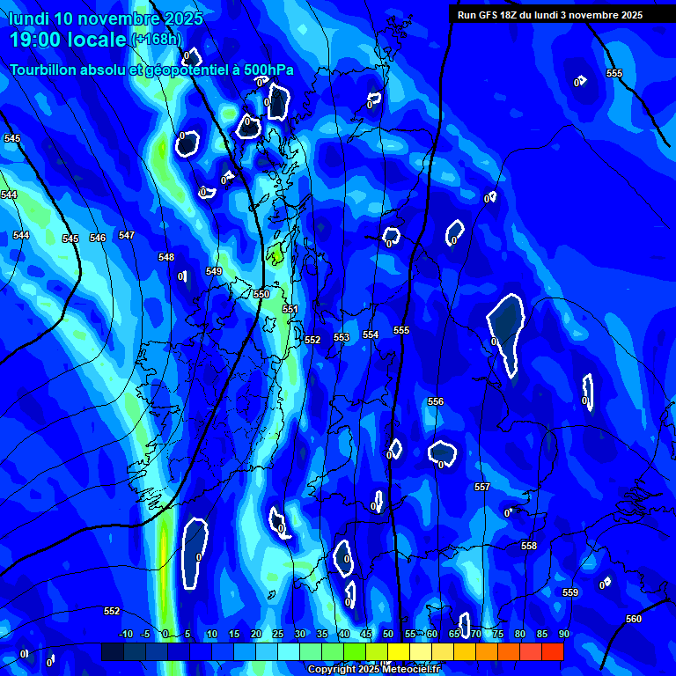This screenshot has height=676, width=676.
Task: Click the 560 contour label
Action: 634,619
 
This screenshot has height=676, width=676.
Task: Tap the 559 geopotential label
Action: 570,592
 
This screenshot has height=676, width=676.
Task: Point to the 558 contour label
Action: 529,546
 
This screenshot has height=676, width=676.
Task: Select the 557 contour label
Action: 482,487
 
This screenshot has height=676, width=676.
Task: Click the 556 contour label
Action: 436,401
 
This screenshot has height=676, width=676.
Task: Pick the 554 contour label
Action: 371,334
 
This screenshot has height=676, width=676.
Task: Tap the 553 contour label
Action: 342,337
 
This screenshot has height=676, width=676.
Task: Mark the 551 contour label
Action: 290,309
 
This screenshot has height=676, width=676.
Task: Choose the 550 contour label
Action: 261,294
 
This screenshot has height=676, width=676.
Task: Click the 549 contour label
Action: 214,271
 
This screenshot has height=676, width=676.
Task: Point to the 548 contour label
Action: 166,257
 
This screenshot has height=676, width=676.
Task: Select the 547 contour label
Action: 127,235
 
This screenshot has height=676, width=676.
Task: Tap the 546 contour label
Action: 98,238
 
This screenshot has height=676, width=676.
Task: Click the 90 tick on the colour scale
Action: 563,634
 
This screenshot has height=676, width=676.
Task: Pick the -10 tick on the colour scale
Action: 126,634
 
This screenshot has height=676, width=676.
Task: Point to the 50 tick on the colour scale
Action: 388,634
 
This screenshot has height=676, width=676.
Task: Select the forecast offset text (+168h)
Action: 157,39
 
